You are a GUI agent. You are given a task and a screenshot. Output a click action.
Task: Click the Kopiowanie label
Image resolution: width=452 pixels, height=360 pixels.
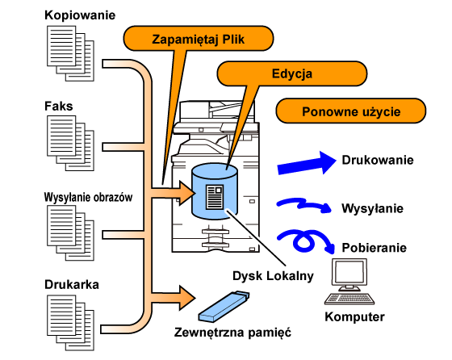coord(80,15)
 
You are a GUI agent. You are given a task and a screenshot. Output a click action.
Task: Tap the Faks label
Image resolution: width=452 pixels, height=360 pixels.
coord(58,106)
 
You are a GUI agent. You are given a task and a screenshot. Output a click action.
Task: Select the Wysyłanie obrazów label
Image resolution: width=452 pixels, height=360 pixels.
coord(88,198)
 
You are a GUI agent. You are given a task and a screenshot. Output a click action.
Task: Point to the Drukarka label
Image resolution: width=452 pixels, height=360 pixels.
coord(72,284)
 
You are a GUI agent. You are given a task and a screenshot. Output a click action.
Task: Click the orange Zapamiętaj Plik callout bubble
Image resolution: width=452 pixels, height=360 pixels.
coord(199,39)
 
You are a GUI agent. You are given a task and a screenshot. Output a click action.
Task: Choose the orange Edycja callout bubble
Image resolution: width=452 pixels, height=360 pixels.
coord(292,73)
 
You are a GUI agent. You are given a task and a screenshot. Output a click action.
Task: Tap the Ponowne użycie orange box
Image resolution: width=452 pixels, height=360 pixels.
coord(351,111)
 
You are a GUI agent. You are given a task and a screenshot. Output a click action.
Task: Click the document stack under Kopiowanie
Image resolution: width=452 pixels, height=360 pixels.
coord(71,53)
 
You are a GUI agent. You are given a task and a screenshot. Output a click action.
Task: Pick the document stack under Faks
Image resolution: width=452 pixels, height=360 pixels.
coord(71,143)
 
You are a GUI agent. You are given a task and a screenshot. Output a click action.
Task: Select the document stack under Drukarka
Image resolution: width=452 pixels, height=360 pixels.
coord(71,323)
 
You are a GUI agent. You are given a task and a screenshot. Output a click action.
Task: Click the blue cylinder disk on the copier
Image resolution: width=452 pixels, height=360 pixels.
coord(215,191)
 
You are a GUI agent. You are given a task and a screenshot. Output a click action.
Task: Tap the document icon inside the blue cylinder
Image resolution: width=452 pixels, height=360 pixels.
coord(215,197)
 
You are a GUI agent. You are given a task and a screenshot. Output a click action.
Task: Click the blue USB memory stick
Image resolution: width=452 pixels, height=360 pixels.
coord(224,307)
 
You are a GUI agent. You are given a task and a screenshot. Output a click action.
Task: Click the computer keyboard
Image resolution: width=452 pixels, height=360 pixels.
coord(349,299)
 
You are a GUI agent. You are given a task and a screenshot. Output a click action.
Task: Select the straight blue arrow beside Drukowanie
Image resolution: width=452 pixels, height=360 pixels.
coord(307,163)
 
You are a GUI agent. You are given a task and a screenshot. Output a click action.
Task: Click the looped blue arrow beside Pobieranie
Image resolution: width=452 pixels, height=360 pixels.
coord(307,241)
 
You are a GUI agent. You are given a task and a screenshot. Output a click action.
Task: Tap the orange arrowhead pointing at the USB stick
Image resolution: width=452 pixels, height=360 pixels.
coord(187,298)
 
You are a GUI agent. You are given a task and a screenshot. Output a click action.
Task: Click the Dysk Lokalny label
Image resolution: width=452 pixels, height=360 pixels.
coord(273,276)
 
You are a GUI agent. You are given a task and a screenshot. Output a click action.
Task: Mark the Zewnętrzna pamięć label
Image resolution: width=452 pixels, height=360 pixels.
coord(232,332)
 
